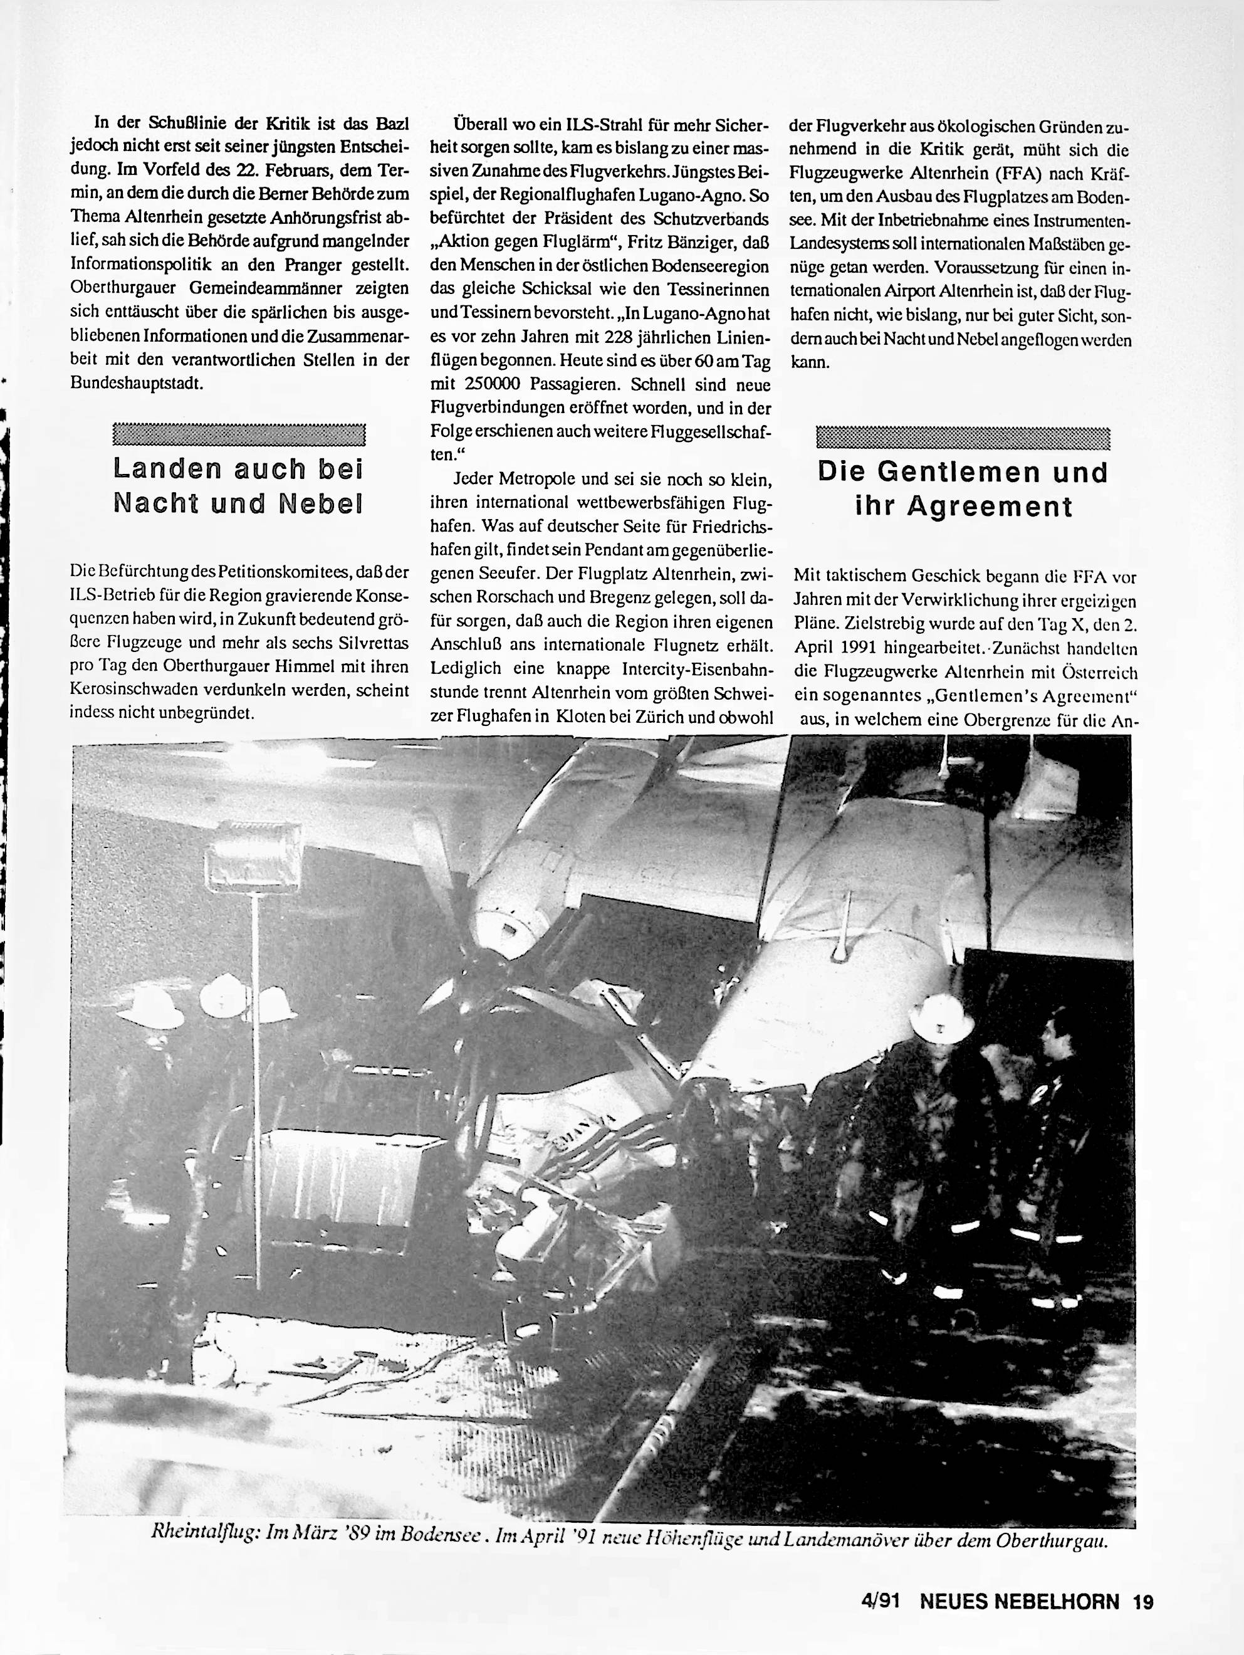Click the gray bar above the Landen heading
239,434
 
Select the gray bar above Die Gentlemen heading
963,437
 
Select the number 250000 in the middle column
476,384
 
